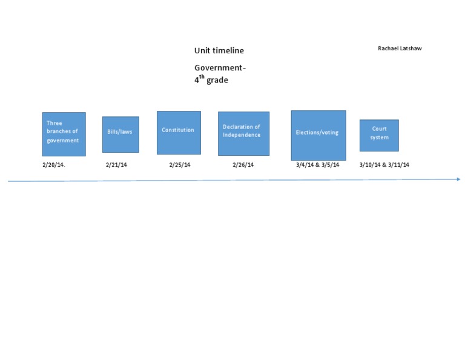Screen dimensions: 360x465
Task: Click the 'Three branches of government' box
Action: [64, 134]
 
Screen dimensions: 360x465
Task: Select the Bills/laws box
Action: [120, 134]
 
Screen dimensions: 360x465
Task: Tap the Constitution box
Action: [179, 132]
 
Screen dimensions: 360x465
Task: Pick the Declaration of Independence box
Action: [243, 133]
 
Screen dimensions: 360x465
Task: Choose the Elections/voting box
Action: [318, 135]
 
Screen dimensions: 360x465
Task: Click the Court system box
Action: [379, 135]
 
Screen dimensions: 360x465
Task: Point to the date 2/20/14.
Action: [53, 165]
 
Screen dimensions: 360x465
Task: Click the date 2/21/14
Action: [116, 165]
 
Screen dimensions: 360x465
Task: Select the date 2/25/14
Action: [180, 165]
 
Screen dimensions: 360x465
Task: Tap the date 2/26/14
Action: [243, 165]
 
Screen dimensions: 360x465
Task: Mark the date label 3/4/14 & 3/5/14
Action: [317, 165]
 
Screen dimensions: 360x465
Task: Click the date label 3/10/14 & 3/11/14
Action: [384, 165]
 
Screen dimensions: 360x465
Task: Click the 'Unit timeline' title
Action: [219, 51]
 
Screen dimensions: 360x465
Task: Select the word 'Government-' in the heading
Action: [220, 68]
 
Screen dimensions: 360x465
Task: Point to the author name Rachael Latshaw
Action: [400, 48]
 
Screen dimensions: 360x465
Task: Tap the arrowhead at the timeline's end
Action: [458, 179]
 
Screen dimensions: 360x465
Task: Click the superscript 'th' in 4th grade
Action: [202, 76]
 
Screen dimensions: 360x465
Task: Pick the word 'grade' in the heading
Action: [217, 80]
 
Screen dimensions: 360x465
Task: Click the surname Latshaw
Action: [411, 48]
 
